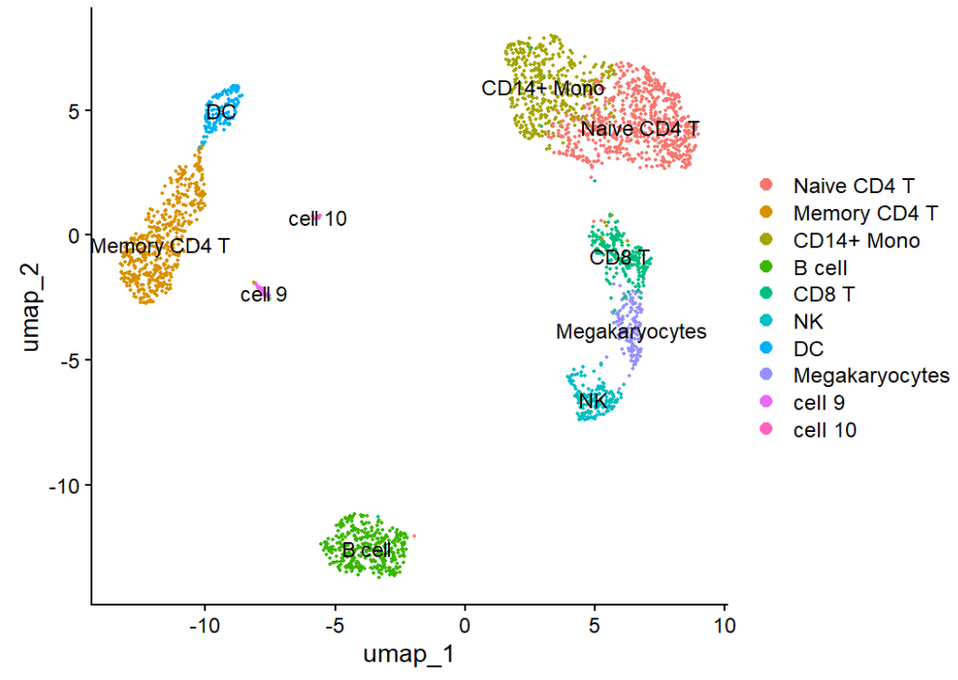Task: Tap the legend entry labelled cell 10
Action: tap(825, 430)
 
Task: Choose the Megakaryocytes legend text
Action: tap(871, 376)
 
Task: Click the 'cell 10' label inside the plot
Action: tap(317, 219)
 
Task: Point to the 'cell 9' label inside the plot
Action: tap(263, 295)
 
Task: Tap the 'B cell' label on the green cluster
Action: tap(367, 550)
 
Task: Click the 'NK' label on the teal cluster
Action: tap(592, 401)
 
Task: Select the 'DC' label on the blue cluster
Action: tap(221, 113)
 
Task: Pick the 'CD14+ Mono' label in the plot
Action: tap(543, 89)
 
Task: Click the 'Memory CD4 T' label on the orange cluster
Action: tap(160, 247)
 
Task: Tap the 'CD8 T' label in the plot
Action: tap(619, 257)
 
